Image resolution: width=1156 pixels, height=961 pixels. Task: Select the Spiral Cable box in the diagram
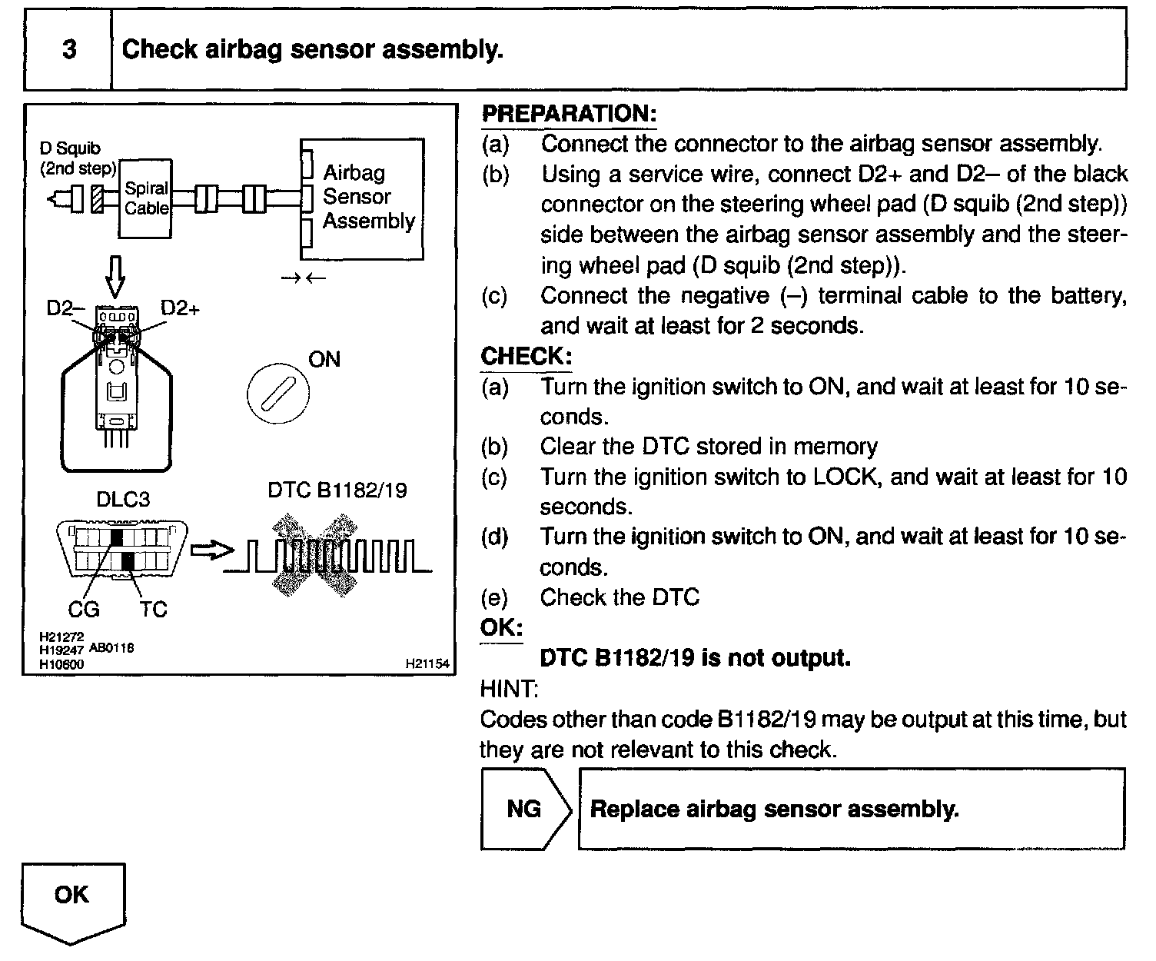146,198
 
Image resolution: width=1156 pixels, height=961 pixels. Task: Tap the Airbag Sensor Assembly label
368,197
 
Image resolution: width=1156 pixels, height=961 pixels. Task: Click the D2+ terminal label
180,308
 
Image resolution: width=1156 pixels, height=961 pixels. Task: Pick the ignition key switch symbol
277,394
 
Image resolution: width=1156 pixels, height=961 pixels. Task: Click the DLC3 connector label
123,500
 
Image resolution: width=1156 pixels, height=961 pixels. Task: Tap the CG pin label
84,610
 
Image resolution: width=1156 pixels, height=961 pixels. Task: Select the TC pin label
153,610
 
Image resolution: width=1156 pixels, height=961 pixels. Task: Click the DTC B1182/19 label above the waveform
337,490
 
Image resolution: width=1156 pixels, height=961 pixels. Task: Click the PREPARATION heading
569,114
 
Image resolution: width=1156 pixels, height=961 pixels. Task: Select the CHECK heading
526,357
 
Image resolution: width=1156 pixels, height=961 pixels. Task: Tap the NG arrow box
526,809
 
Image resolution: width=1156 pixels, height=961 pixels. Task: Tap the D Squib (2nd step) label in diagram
77,158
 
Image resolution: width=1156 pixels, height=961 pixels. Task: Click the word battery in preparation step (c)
1085,296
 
